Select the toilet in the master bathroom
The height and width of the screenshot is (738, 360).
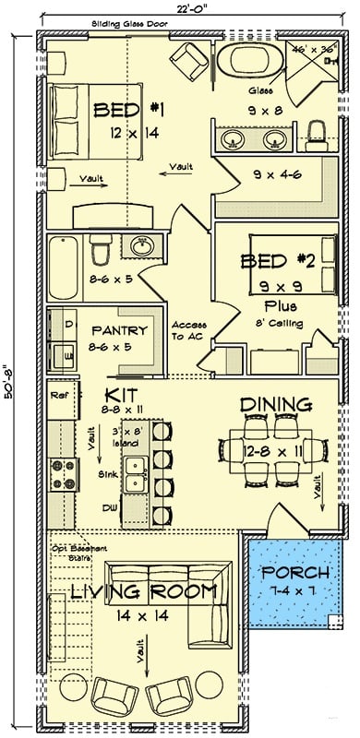(318, 135)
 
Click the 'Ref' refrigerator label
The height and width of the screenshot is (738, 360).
(61, 397)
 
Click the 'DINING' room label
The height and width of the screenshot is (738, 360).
(275, 404)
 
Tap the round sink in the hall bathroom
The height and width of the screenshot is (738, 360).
(141, 248)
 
